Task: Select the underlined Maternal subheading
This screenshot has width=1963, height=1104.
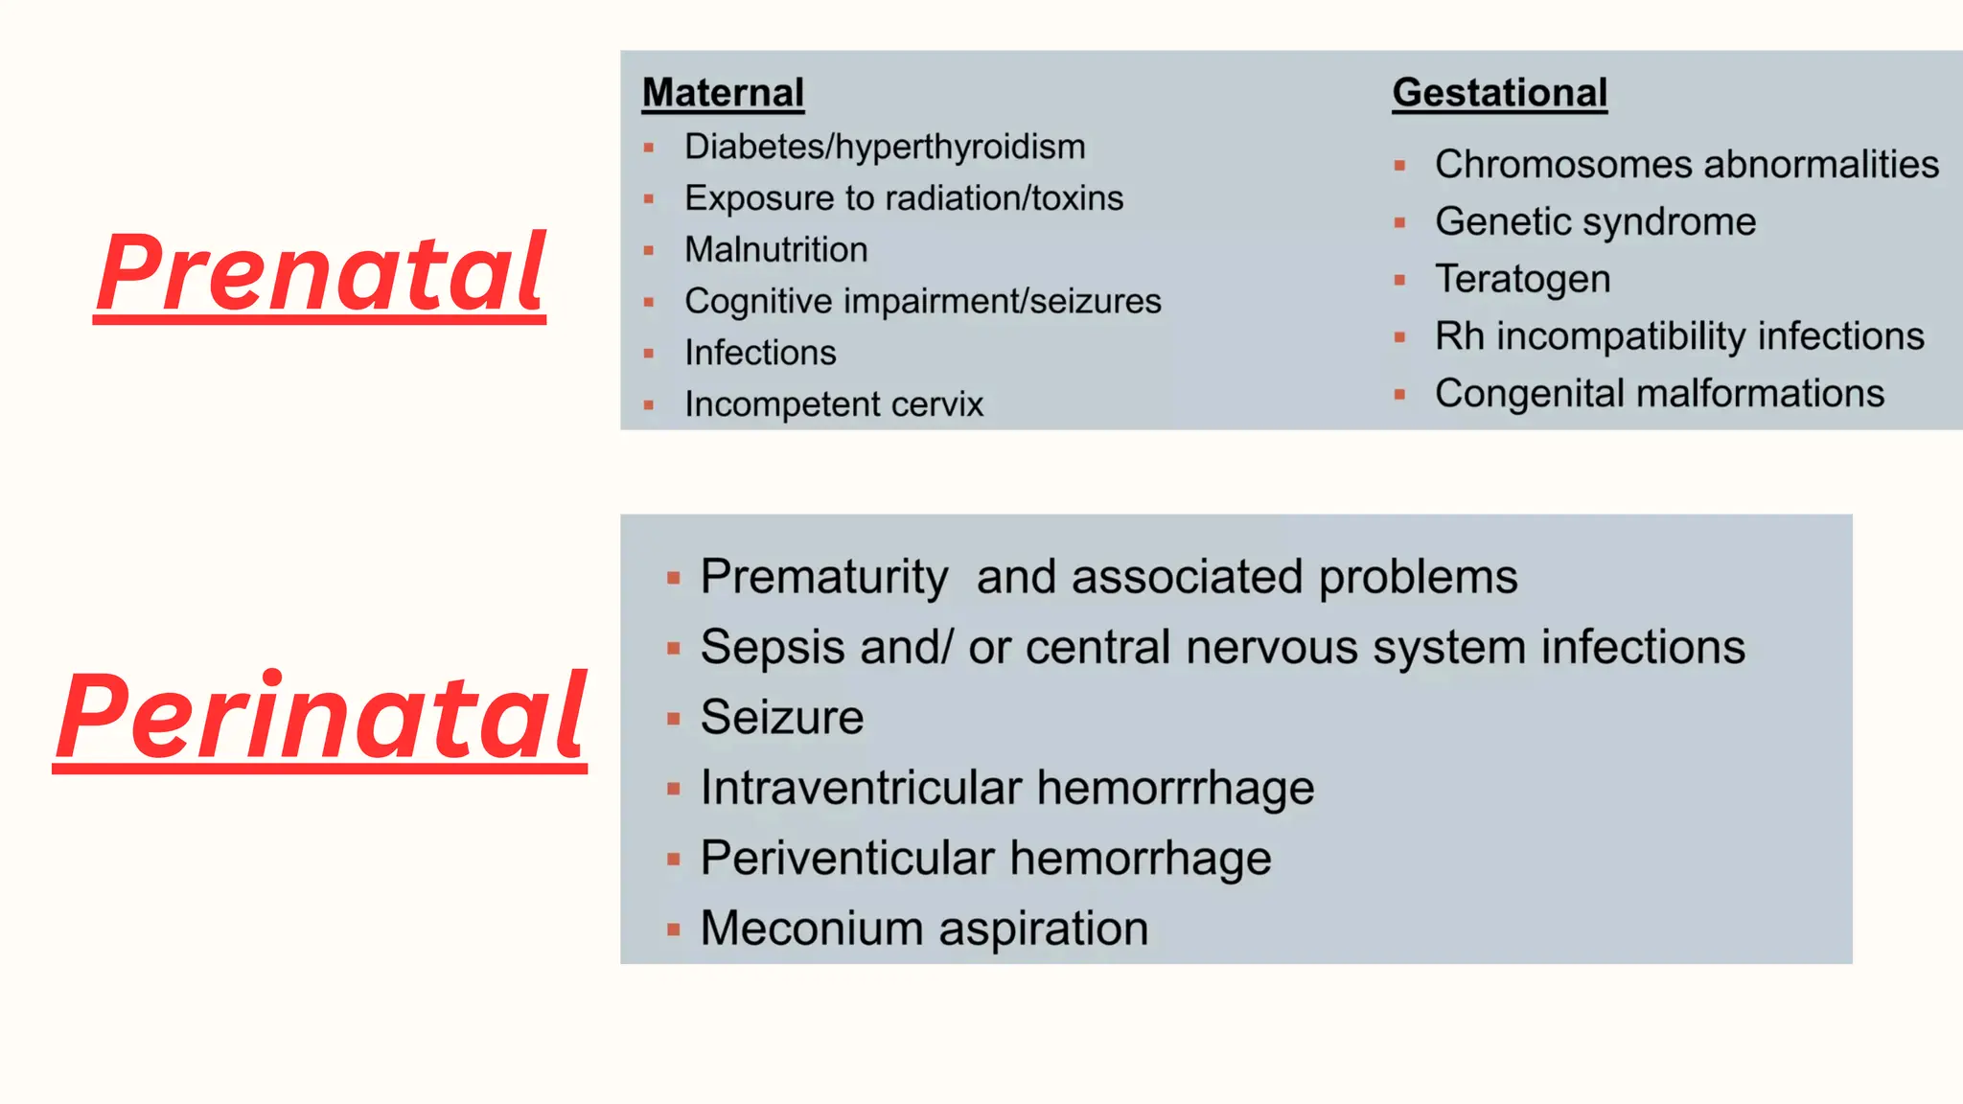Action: (x=723, y=93)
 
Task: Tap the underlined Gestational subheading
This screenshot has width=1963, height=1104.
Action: (x=1499, y=93)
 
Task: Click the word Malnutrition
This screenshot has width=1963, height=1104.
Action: (x=775, y=250)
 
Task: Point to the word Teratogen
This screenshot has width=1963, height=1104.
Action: (x=1522, y=280)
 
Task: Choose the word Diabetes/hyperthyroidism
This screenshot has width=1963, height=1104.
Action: (x=884, y=148)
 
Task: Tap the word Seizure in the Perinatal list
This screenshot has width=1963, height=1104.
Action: (x=781, y=718)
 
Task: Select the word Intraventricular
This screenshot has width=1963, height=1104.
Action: (x=861, y=788)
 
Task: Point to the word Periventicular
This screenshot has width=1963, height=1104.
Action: (x=847, y=858)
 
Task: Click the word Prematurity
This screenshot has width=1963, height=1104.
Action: (x=823, y=577)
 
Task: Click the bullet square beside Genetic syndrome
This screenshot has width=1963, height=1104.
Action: (x=1399, y=223)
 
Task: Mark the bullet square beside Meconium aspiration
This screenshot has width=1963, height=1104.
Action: (x=674, y=930)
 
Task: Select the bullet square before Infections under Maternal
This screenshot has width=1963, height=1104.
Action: (x=649, y=354)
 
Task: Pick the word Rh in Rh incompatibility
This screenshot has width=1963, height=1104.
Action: (x=1459, y=336)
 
